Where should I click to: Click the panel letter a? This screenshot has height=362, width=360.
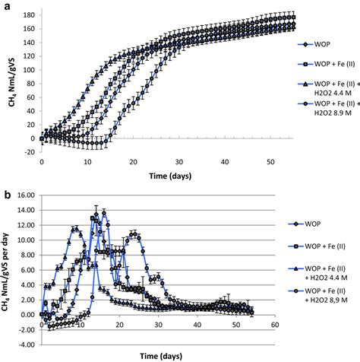tap(6, 5)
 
